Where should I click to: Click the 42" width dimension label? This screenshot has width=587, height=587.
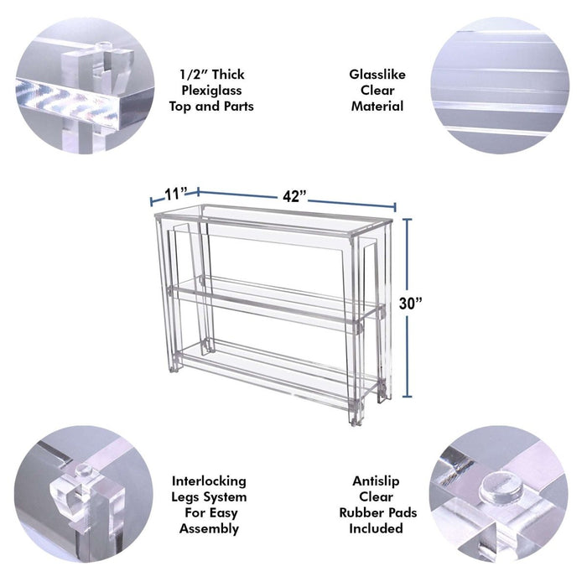pyautogui.click(x=294, y=196)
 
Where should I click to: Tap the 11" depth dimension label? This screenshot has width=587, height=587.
pyautogui.click(x=176, y=194)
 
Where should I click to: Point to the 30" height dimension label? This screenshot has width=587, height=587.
pyautogui.click(x=410, y=304)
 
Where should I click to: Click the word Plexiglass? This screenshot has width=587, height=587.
pyautogui.click(x=211, y=91)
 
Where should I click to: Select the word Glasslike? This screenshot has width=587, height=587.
pyautogui.click(x=377, y=75)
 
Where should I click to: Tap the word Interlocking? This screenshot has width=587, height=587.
pyautogui.click(x=209, y=481)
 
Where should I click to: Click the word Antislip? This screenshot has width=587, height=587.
pyautogui.click(x=376, y=481)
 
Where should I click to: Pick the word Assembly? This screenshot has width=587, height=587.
pyautogui.click(x=209, y=528)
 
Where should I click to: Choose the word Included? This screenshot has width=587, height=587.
pyautogui.click(x=376, y=528)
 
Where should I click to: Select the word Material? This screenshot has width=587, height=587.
pyautogui.click(x=377, y=106)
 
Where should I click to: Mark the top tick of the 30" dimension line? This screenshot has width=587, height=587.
pyautogui.click(x=408, y=219)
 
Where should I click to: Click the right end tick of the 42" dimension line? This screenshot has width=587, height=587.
pyautogui.click(x=395, y=207)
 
